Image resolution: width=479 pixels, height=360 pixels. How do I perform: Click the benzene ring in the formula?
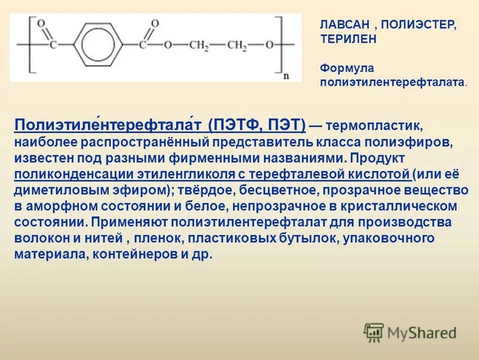pyautogui.click(x=98, y=46)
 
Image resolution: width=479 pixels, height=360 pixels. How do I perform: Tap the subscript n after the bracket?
pyautogui.click(x=286, y=76)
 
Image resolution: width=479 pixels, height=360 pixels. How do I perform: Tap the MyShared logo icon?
pyautogui.click(x=374, y=332)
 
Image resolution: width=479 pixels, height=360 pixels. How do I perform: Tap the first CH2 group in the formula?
pyautogui.click(x=198, y=46)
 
